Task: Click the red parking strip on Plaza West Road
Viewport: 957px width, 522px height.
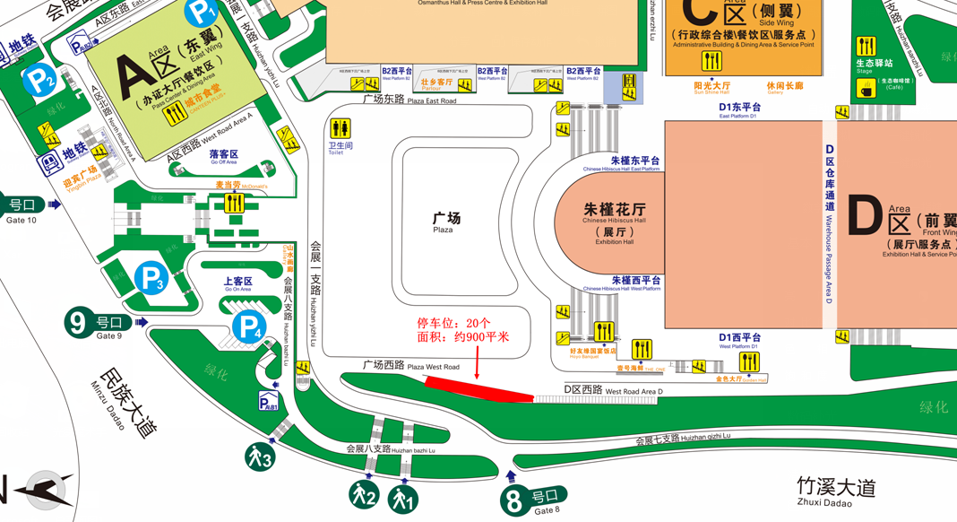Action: click(x=478, y=388)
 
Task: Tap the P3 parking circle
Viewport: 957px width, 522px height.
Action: click(x=151, y=279)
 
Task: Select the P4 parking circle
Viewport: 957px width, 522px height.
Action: click(x=248, y=329)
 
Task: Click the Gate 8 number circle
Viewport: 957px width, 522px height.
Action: click(x=513, y=500)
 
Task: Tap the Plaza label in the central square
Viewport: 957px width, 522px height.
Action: click(x=445, y=222)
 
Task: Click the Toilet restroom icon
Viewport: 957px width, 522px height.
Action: click(x=340, y=130)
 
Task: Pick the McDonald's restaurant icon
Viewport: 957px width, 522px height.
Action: click(x=234, y=203)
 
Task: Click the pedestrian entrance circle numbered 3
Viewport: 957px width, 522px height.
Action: click(x=260, y=458)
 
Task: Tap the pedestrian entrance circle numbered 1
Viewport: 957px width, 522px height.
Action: click(x=403, y=499)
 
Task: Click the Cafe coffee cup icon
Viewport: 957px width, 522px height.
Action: click(x=866, y=89)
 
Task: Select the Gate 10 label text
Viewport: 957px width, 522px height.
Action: click(x=22, y=212)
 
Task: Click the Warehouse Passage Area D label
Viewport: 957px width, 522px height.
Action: click(x=830, y=224)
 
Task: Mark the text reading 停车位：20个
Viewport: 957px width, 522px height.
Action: click(x=453, y=323)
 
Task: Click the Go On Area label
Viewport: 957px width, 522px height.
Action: click(x=237, y=284)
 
